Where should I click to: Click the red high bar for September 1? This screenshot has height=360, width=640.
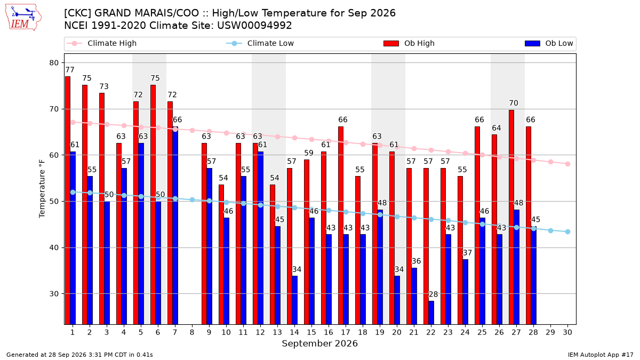coord(68,201)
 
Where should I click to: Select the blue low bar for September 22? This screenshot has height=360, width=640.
coord(431,313)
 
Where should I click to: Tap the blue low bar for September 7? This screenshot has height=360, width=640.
coord(175,226)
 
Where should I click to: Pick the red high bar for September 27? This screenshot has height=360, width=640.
coord(511,217)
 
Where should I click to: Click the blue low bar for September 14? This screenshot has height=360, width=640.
coord(294,300)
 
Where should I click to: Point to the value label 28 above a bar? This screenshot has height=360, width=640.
coord(433,294)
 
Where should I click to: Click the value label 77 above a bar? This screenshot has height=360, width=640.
coord(70,70)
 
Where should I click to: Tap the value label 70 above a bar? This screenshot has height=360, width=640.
coord(514,103)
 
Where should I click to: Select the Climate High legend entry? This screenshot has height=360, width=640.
coord(101,43)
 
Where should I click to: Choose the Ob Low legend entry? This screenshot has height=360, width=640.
coord(549,43)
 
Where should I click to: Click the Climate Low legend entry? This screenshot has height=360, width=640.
coord(260,43)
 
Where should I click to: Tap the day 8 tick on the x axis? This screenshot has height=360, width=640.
coord(192,332)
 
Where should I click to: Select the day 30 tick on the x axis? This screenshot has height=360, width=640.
coord(567,332)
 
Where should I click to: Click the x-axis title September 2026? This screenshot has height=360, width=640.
coord(319,343)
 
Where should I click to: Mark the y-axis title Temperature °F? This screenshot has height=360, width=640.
coord(42,189)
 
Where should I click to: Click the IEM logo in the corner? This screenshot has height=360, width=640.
coord(23,18)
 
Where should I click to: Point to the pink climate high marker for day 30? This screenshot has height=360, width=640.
coord(567,164)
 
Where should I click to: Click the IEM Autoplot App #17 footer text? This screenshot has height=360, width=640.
coord(601,355)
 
